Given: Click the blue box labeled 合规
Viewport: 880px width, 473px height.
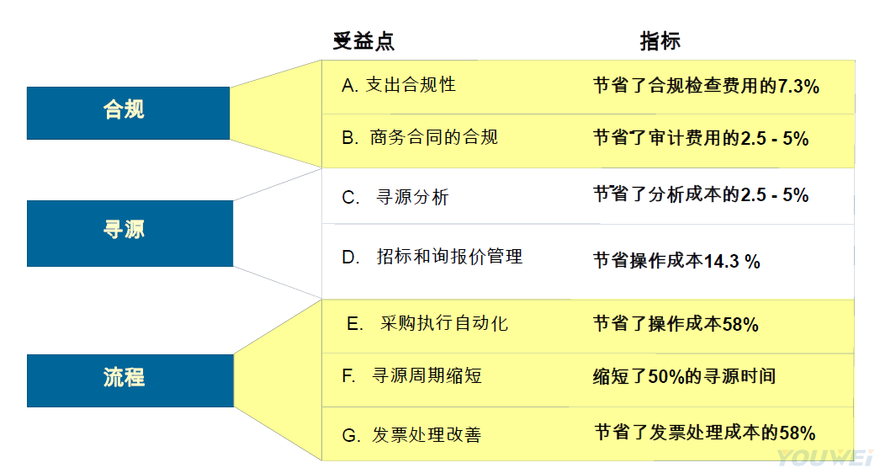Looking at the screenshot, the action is (x=128, y=113).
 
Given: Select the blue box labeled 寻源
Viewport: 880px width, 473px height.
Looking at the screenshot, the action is (x=130, y=233).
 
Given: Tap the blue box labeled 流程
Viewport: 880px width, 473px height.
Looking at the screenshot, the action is (x=130, y=380).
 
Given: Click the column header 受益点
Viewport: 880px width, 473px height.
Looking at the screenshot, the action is (x=363, y=41).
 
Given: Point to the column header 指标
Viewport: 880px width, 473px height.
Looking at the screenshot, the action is (x=660, y=41).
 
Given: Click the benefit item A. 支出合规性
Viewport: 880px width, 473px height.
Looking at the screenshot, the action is (x=399, y=85).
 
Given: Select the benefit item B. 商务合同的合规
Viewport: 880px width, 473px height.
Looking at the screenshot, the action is (x=420, y=138).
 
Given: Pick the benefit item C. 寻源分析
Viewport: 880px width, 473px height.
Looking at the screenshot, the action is (x=395, y=197).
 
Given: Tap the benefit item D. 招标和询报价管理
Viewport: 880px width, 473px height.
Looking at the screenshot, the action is (x=432, y=257).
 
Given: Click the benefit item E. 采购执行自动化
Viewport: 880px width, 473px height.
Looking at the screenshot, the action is (x=427, y=323).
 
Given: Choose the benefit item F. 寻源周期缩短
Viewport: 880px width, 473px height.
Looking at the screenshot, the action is (x=411, y=375).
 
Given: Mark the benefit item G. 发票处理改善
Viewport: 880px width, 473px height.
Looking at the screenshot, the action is (x=411, y=435).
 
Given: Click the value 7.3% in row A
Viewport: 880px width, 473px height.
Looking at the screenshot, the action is (x=798, y=86).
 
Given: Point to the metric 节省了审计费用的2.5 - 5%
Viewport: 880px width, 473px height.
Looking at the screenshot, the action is (x=701, y=138).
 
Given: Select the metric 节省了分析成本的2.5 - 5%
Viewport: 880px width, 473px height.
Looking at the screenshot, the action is (x=701, y=194).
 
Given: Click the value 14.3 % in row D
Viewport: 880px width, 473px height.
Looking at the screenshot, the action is (x=732, y=261).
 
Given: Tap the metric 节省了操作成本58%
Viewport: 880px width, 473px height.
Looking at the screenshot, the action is (x=676, y=324).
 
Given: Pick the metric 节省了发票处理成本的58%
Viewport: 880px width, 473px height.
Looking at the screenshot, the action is (x=705, y=433).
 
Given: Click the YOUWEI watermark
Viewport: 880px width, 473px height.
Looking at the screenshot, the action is (x=825, y=458).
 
